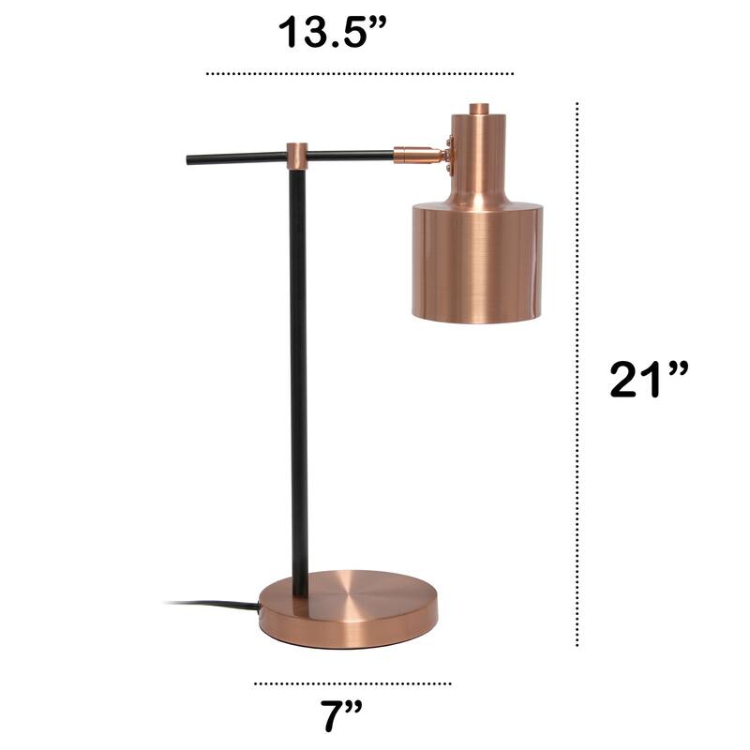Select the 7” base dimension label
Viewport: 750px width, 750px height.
point(340,717)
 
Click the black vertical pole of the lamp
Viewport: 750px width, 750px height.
point(298,375)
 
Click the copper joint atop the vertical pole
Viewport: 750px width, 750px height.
point(297,156)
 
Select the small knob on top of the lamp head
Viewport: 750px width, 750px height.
point(478,109)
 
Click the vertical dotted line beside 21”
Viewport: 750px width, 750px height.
point(577,375)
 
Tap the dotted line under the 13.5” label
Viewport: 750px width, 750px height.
point(360,72)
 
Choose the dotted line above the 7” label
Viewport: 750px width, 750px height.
point(352,683)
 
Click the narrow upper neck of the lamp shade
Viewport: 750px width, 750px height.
point(477,155)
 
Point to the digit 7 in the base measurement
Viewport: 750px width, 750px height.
point(328,717)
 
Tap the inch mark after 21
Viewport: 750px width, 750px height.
point(677,367)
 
